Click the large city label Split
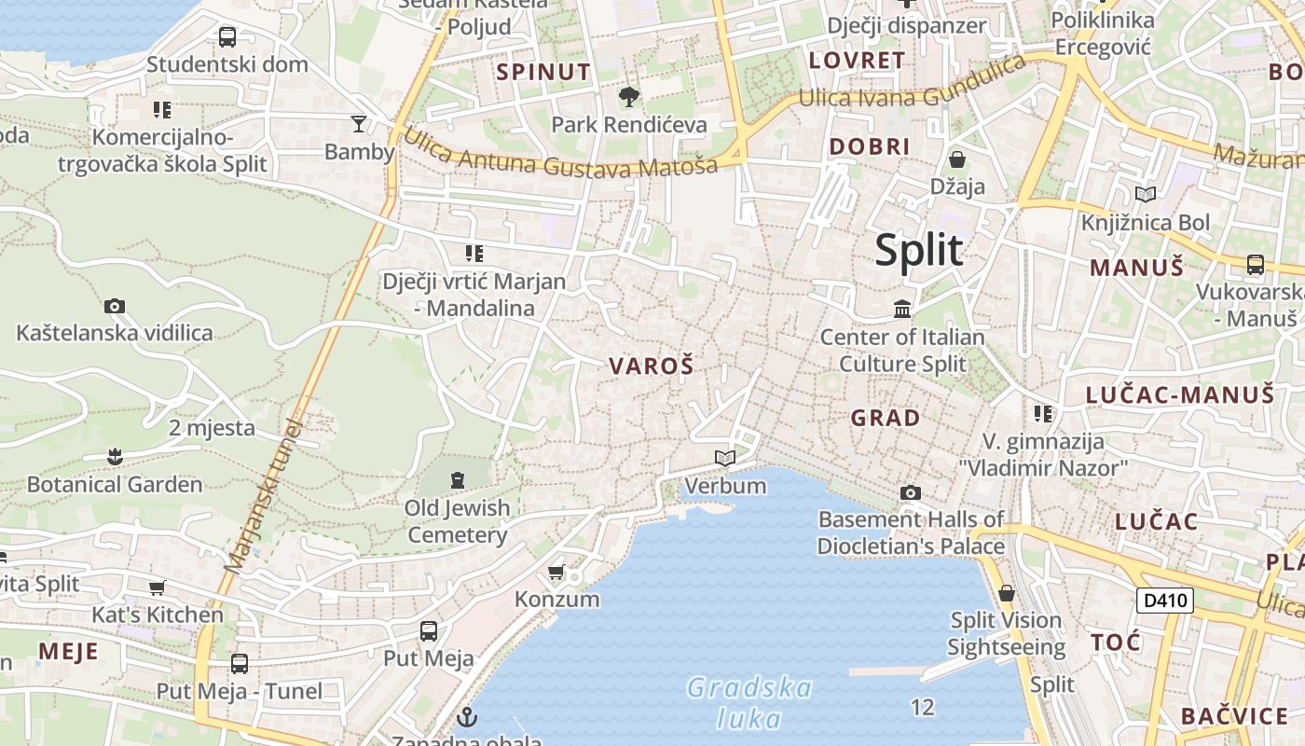[x=918, y=250]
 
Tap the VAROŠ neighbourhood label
[x=652, y=366]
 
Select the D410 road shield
[x=1165, y=600]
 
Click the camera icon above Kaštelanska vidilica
[x=115, y=306]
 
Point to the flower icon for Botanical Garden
[x=115, y=457]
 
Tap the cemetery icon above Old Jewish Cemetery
[x=458, y=480]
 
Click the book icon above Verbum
[x=725, y=458]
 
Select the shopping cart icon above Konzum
[x=556, y=571]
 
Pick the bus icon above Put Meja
[x=429, y=631]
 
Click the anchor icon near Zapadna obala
[x=467, y=717]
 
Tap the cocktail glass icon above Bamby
[x=359, y=124]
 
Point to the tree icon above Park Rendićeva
[x=629, y=96]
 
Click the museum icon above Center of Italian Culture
[x=902, y=309]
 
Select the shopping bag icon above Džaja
[x=957, y=159]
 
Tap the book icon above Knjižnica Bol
[x=1146, y=194]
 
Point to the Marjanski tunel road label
[x=265, y=497]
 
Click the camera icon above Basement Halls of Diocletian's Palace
[x=911, y=492]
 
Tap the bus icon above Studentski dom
[x=227, y=37]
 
